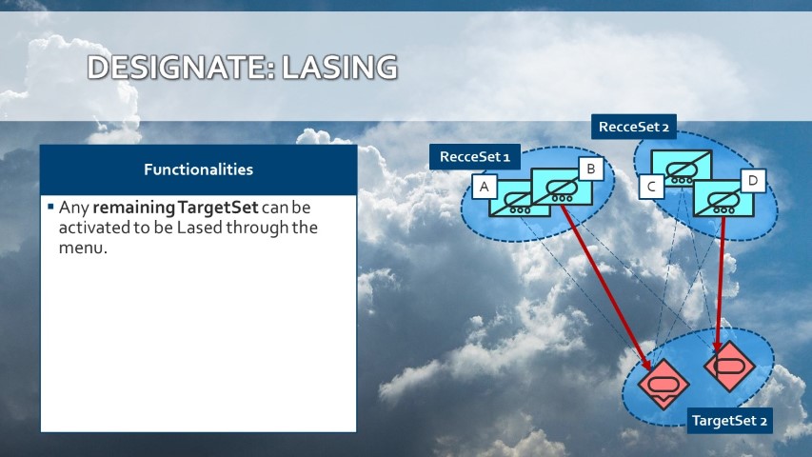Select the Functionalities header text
[198, 169]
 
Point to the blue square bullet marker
[50, 207]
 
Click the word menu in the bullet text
[82, 248]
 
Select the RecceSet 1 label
[475, 156]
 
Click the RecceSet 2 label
[634, 127]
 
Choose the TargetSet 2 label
[729, 420]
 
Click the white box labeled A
[485, 187]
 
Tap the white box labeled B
[591, 169]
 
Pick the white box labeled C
[651, 187]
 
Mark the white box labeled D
[753, 180]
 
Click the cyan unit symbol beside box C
[682, 169]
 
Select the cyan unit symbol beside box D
[723, 198]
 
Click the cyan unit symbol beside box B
[562, 187]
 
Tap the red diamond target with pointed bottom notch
[663, 385]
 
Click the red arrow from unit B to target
[604, 287]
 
